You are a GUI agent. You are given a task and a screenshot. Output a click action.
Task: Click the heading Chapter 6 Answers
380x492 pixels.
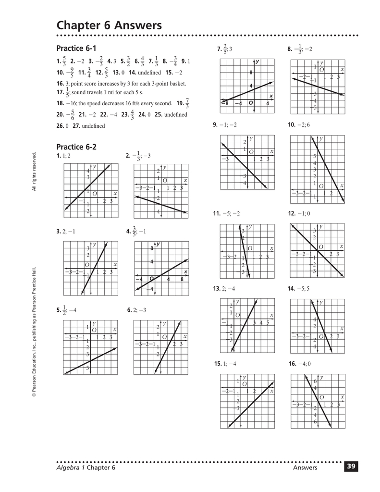tap(109, 25)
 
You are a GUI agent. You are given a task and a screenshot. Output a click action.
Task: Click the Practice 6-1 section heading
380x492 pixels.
tap(76, 49)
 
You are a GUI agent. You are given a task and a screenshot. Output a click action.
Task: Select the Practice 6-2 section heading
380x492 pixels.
tap(76, 147)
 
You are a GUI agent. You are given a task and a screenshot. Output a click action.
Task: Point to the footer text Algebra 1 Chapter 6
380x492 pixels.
tap(86, 467)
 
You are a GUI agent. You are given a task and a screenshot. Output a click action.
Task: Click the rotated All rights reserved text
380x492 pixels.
tap(34, 172)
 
